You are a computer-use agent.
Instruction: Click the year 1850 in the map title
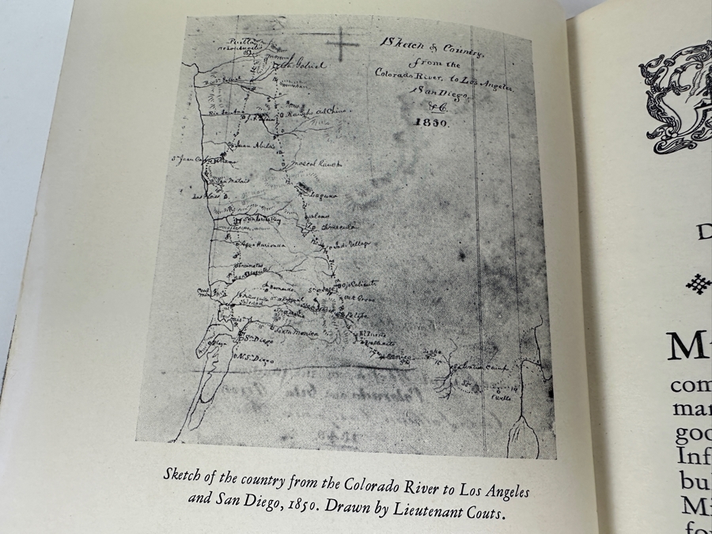pos(432,123)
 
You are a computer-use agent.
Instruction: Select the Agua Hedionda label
pos(261,246)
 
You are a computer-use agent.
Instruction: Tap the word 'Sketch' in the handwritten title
pos(402,41)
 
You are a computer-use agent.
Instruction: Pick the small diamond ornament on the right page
pos(697,284)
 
